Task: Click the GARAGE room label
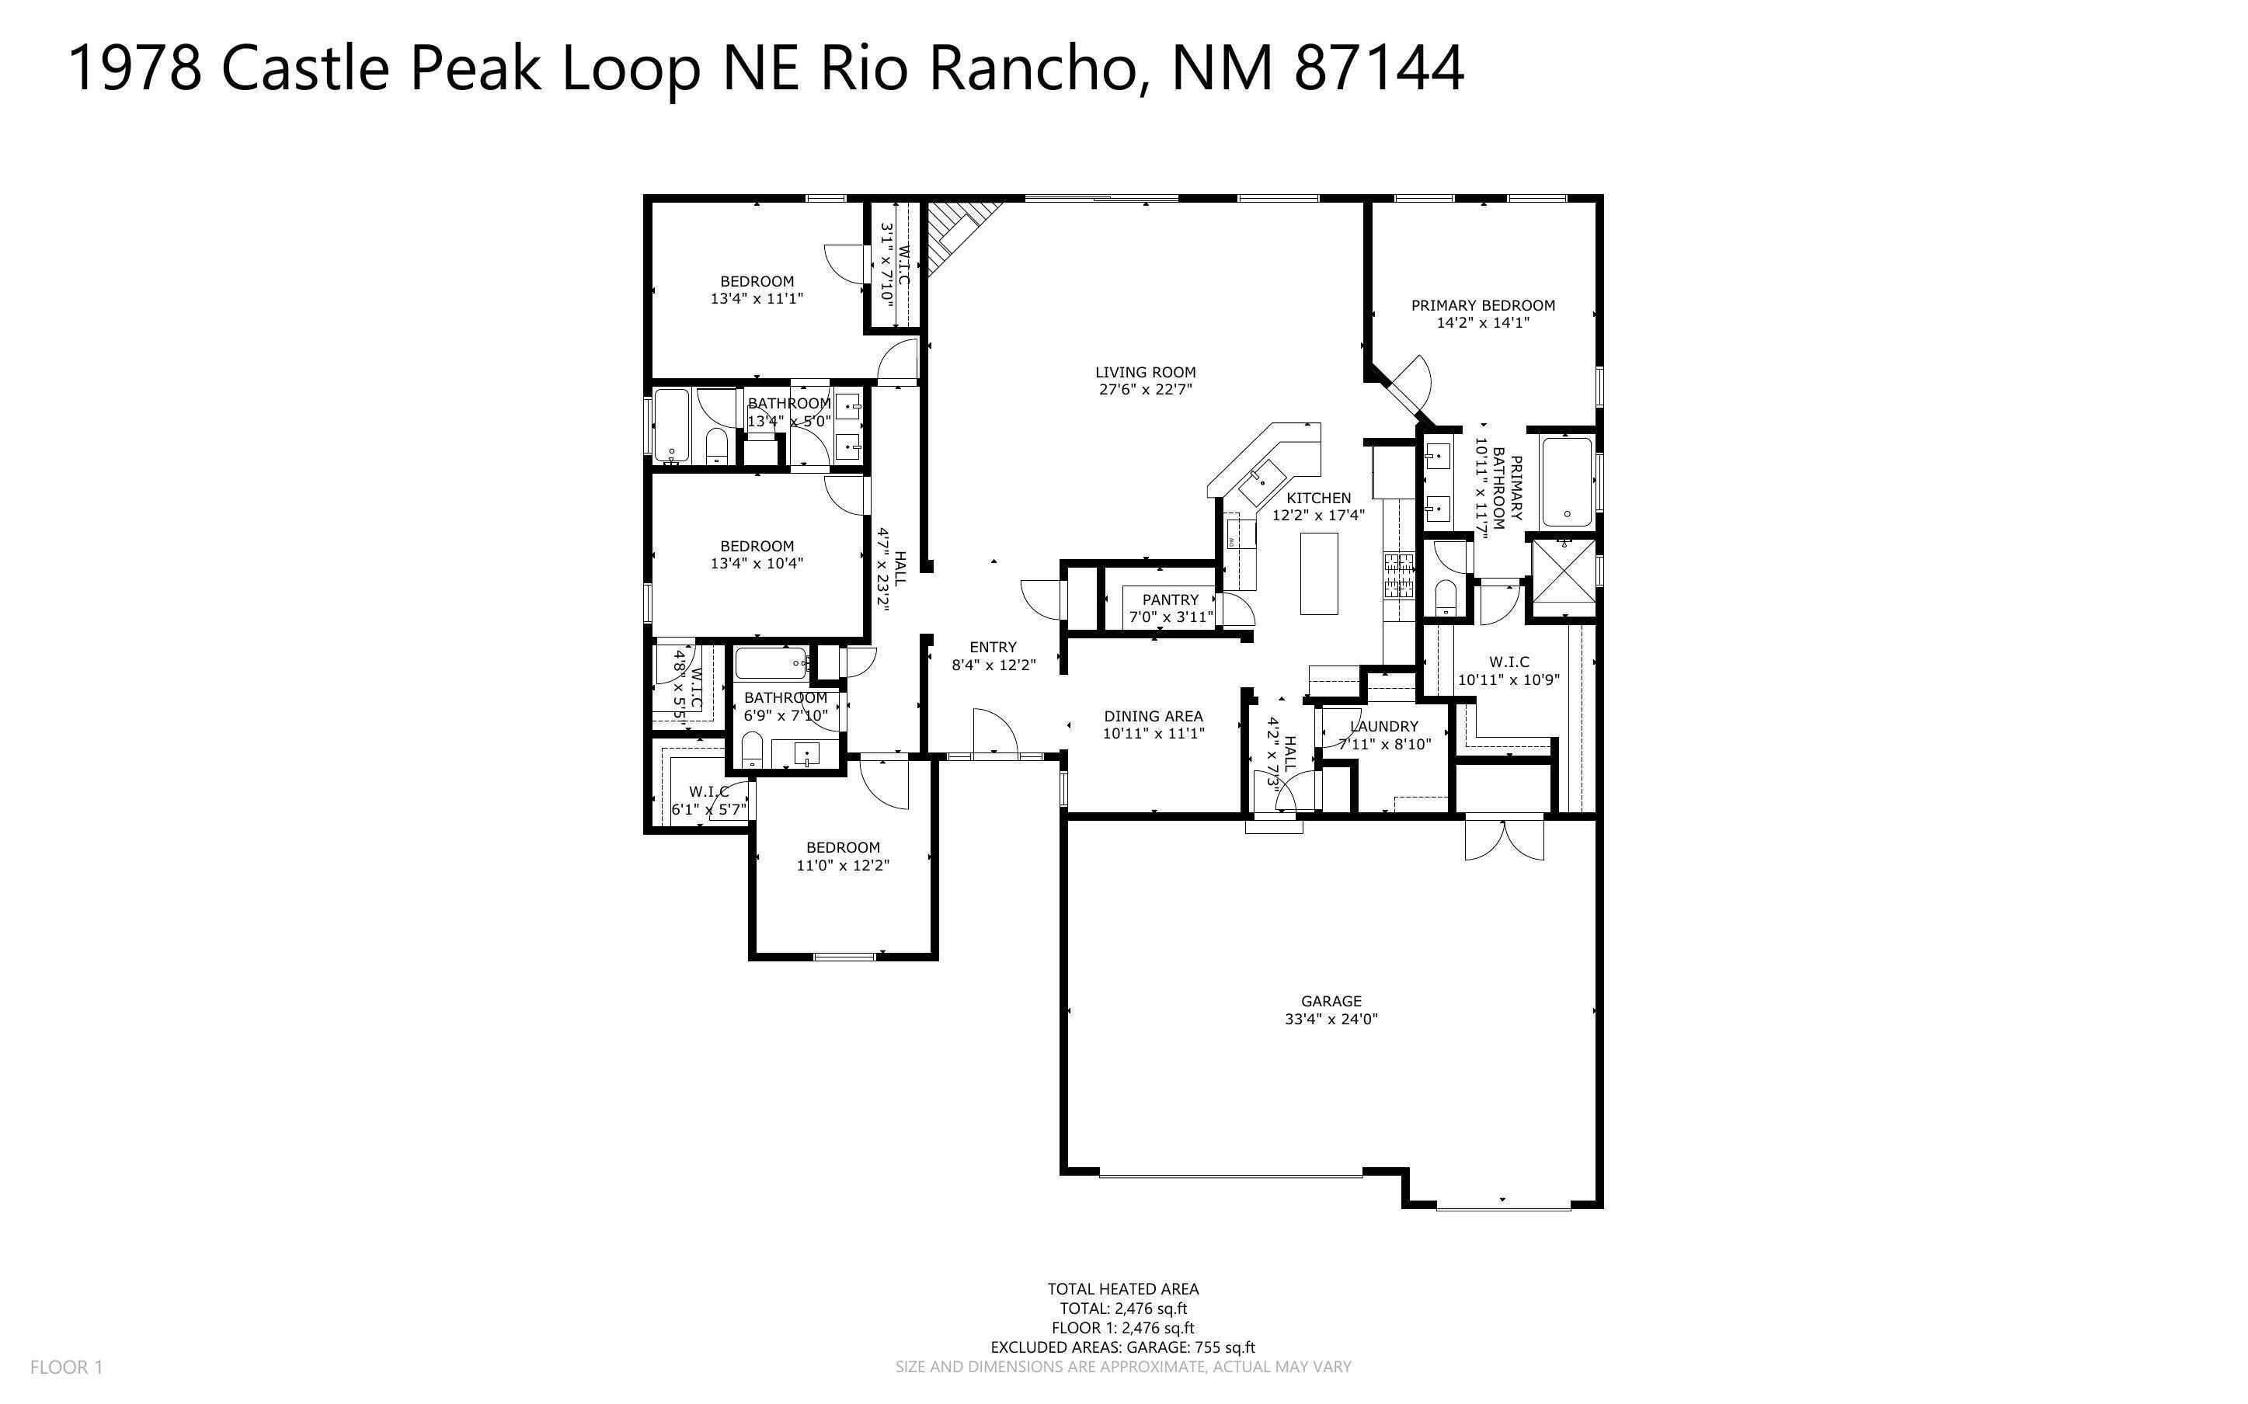click(x=1331, y=1001)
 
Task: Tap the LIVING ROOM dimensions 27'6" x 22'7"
click(x=1145, y=390)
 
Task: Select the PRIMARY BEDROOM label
click(x=1482, y=305)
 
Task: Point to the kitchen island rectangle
click(x=1318, y=573)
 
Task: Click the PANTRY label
click(x=1170, y=599)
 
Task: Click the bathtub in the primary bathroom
click(x=1567, y=482)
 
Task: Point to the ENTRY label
click(x=993, y=647)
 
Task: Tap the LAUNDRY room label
click(x=1384, y=726)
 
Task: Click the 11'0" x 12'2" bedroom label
click(x=842, y=856)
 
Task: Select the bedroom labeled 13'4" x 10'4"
click(x=757, y=554)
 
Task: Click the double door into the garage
click(x=1505, y=839)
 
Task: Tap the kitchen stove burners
click(x=1398, y=574)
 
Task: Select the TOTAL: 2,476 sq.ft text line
click(x=1122, y=1308)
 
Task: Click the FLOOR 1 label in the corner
click(x=66, y=1367)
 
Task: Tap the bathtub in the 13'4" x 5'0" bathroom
click(x=670, y=426)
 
